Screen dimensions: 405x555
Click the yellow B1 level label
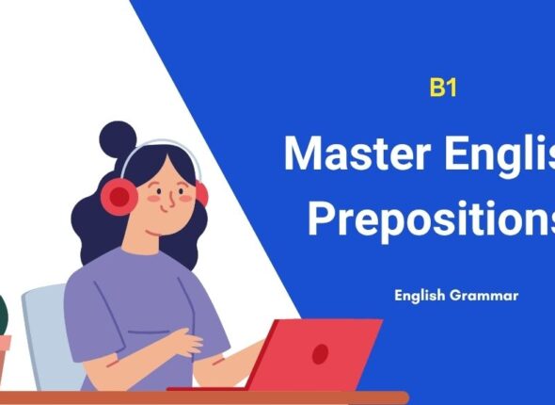[442, 89]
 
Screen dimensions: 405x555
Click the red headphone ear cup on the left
[119, 195]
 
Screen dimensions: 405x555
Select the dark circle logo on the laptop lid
[321, 354]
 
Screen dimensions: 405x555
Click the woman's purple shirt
[141, 311]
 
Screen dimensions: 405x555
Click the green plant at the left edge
[3, 316]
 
